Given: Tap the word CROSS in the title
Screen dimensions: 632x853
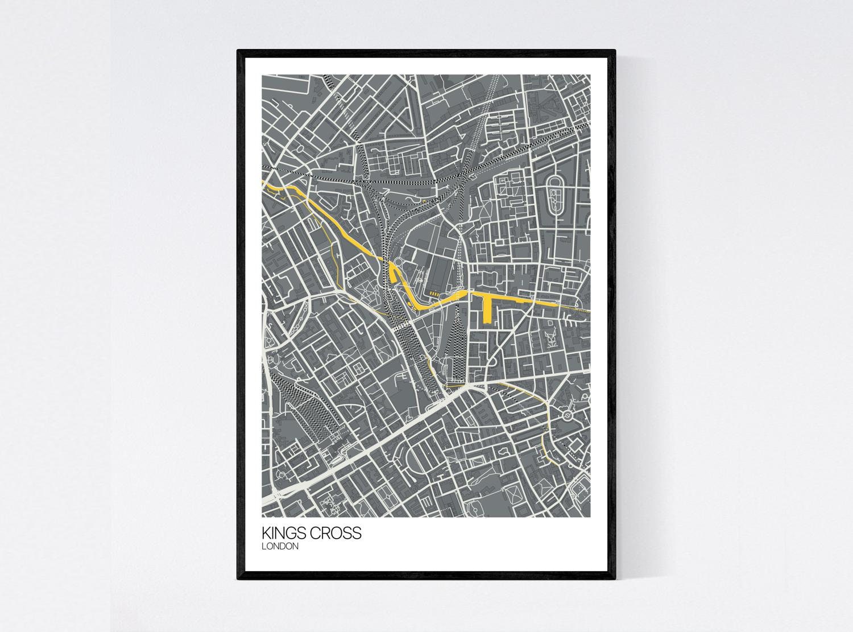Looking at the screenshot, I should (x=337, y=533).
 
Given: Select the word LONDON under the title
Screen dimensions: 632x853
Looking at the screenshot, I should (x=280, y=546).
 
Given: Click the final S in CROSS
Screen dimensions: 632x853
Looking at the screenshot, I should (x=357, y=533).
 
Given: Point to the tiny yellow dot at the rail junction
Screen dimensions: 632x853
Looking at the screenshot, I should (x=424, y=200).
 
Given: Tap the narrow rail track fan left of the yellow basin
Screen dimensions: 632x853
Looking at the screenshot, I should (x=458, y=341).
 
